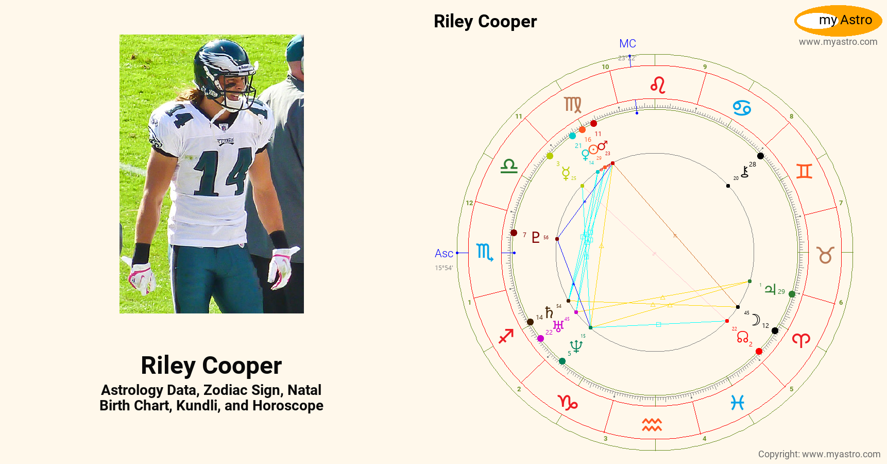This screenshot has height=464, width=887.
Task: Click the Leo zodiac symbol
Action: coord(658,85)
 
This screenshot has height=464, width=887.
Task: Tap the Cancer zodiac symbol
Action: coord(742,108)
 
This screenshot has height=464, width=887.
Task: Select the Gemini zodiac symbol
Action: coord(804,171)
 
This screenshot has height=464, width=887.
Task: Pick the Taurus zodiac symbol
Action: coord(825,255)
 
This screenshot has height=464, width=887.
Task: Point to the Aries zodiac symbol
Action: coord(801,340)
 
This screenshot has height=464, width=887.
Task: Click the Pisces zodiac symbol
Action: coord(738,403)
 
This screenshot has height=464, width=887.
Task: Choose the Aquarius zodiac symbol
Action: coord(652,425)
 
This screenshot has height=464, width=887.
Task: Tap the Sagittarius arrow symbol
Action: coord(506,336)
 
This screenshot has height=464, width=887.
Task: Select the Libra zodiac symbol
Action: coord(509,166)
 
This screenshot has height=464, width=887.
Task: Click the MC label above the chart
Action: coord(627,44)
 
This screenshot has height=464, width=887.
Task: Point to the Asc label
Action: coord(443,254)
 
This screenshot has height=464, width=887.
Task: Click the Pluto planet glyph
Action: coord(536,237)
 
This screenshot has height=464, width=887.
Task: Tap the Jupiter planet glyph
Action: coord(770,289)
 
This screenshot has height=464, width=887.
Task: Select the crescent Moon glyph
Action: coord(756,320)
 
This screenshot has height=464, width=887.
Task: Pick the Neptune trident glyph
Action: coord(576,346)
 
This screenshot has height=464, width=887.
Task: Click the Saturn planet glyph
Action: coord(549,312)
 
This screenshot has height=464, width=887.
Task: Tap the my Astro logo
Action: coord(838,21)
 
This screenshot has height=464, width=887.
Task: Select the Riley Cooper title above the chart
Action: coord(485,22)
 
